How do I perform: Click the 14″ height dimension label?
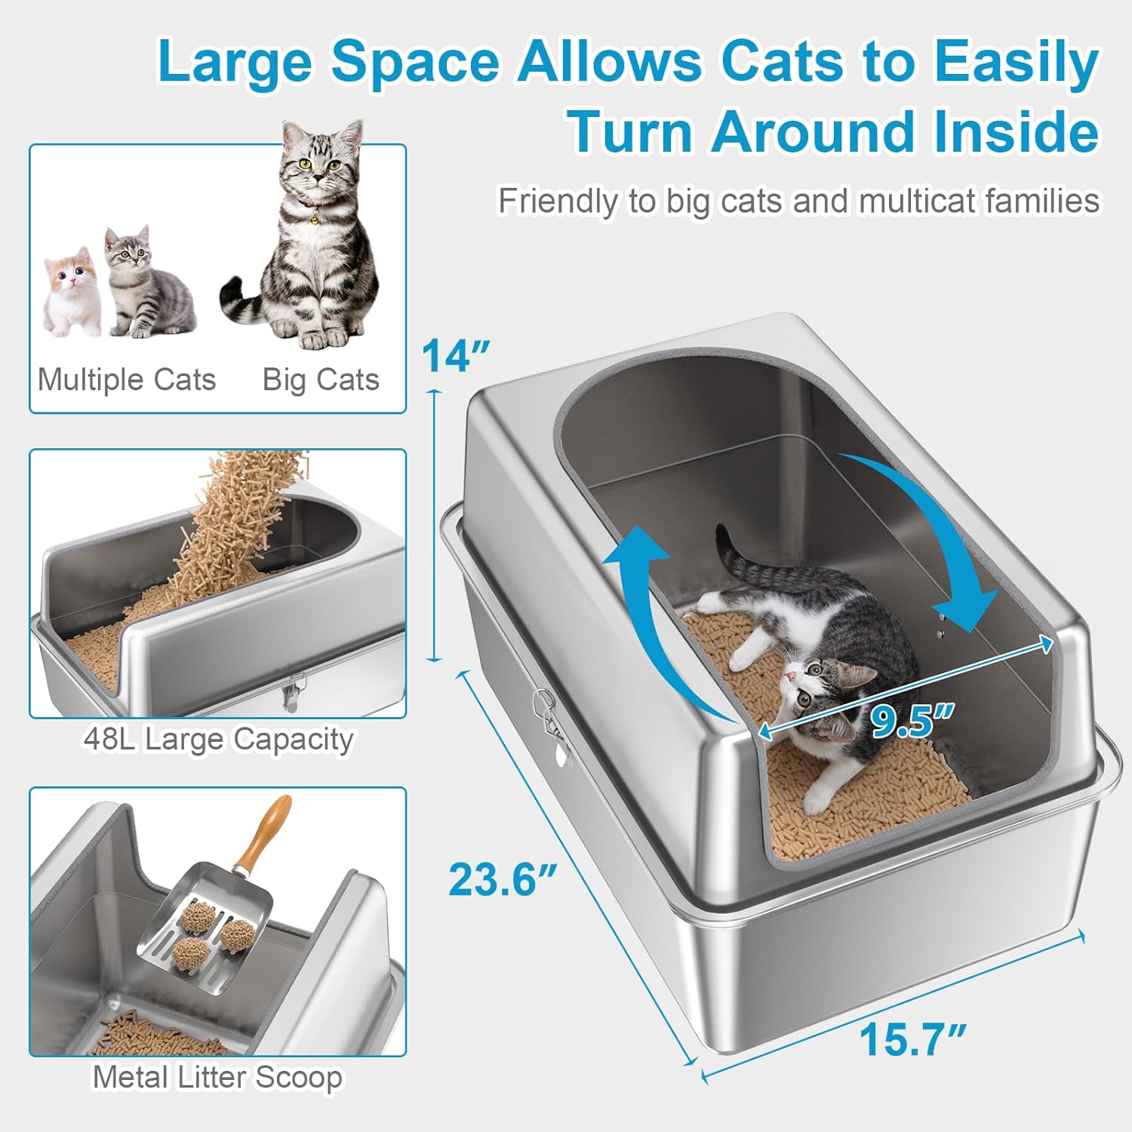(x=455, y=355)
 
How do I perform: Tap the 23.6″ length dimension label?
(x=503, y=879)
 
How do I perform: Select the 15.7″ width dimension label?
(x=912, y=1039)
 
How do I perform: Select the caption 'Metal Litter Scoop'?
(x=217, y=1077)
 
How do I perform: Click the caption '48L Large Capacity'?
(x=218, y=739)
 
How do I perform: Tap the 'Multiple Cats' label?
(x=127, y=380)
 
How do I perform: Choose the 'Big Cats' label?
(x=321, y=380)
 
